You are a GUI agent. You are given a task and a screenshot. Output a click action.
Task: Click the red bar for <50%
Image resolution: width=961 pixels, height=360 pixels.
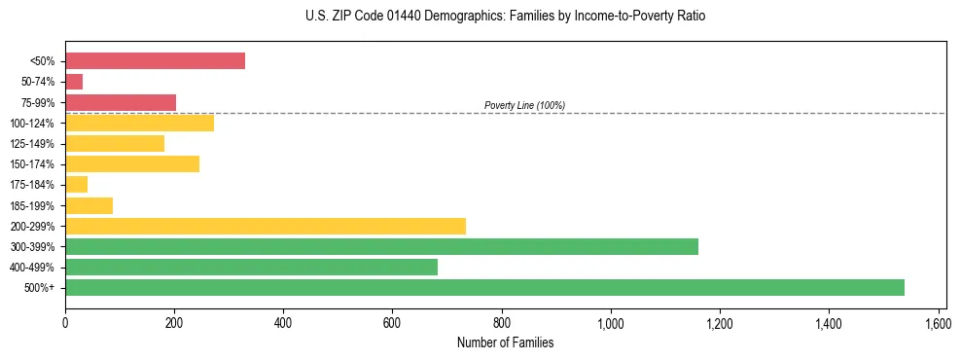(155, 61)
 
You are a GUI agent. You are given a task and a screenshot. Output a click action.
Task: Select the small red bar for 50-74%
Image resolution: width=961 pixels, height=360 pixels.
(74, 82)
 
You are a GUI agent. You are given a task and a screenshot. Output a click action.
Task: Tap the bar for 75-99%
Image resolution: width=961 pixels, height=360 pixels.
(121, 102)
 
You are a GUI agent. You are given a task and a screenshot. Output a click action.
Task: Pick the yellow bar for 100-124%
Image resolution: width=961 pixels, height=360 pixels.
(139, 123)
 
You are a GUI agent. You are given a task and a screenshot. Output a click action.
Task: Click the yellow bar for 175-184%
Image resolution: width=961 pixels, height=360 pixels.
(77, 184)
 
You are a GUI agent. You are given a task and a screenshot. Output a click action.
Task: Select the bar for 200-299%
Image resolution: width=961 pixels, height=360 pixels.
(266, 226)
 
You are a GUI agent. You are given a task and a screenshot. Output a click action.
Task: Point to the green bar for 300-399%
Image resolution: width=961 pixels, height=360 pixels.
(381, 246)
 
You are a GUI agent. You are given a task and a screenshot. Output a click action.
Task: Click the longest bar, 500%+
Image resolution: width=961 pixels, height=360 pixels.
(484, 287)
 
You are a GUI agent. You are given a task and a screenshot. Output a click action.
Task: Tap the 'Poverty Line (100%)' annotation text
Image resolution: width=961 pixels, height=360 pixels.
(524, 105)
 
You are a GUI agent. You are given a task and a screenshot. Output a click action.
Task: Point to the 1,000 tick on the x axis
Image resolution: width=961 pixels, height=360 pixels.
(611, 321)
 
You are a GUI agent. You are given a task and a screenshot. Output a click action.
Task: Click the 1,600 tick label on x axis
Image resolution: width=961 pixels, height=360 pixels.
(938, 321)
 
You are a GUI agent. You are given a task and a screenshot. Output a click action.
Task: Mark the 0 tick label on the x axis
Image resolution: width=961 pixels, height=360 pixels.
(65, 321)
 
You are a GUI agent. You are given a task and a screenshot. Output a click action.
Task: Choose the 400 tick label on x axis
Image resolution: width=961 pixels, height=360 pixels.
(283, 321)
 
